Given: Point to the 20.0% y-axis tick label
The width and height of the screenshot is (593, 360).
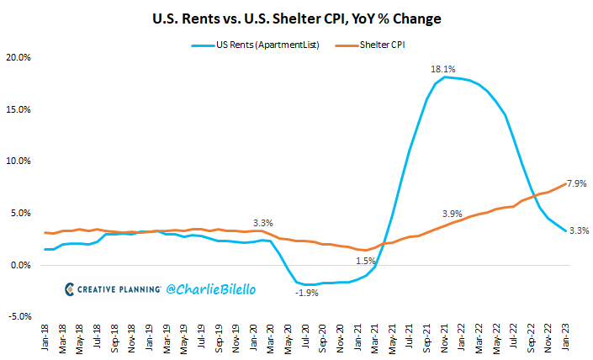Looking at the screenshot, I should coord(19,57).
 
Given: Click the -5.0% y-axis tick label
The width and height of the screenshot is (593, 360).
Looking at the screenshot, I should coord(19,317).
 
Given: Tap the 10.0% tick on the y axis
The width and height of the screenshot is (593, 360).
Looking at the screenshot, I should coord(19,161).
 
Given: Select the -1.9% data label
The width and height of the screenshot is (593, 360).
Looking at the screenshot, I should coord(307,293).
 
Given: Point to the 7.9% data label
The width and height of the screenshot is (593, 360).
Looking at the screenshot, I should coord(576,183).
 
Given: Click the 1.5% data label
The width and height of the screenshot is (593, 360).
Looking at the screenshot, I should coord(366,262).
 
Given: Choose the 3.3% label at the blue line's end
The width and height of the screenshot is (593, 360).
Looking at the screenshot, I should coord(577,230).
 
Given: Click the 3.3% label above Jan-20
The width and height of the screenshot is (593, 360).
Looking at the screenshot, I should coord(263,223).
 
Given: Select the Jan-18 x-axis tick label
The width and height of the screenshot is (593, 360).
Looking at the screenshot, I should coord(45,339).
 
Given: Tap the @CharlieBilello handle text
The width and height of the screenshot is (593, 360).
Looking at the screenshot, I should coord(211,289).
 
